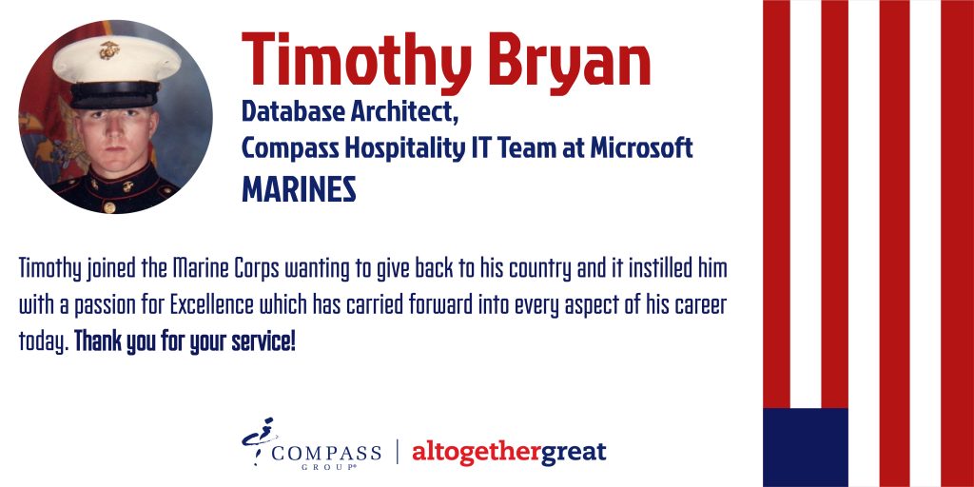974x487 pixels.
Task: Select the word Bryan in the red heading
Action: [x=569, y=61]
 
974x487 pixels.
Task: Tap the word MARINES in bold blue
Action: [x=299, y=189]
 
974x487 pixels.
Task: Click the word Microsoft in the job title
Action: [x=641, y=148]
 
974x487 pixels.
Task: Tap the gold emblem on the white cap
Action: [x=109, y=50]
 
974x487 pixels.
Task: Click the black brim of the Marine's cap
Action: [x=114, y=96]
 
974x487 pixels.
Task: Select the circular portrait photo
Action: [x=115, y=117]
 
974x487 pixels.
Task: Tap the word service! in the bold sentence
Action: [x=263, y=342]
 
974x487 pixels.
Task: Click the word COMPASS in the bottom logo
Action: [x=326, y=452]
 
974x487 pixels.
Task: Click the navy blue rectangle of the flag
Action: [x=805, y=447]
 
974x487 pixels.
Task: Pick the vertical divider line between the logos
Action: [x=397, y=452]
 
